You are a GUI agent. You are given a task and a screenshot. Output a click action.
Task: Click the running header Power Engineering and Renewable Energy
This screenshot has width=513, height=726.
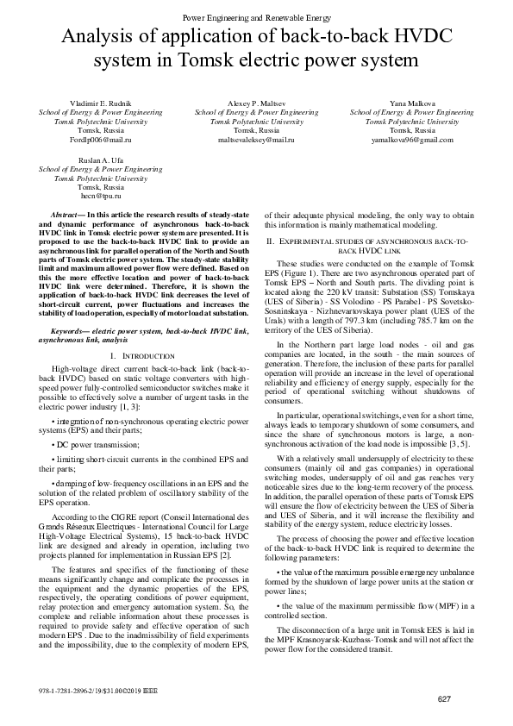(256, 17)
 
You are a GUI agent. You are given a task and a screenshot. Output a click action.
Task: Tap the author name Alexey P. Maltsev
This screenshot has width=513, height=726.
(256, 103)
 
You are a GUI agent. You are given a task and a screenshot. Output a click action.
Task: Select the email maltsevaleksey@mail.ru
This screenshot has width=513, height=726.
(256, 138)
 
